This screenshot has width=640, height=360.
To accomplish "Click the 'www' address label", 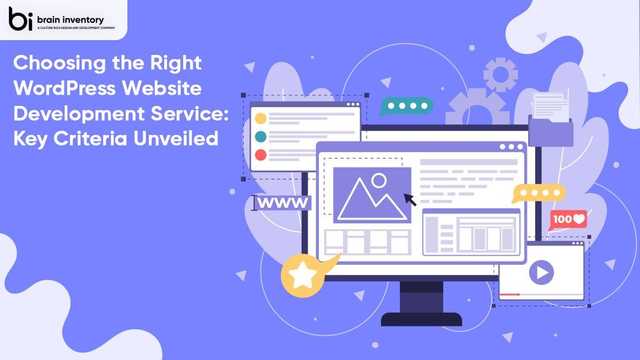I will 283,203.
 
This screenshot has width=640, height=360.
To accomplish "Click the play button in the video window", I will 541,270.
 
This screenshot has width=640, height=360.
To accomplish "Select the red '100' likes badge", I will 568,218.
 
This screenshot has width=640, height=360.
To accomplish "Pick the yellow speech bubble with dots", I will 537,192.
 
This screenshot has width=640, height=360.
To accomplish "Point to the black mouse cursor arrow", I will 409,199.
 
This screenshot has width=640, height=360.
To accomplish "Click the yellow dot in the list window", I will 261,118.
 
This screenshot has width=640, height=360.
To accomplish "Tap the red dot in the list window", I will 261,155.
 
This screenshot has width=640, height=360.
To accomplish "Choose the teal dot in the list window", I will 261,137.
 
